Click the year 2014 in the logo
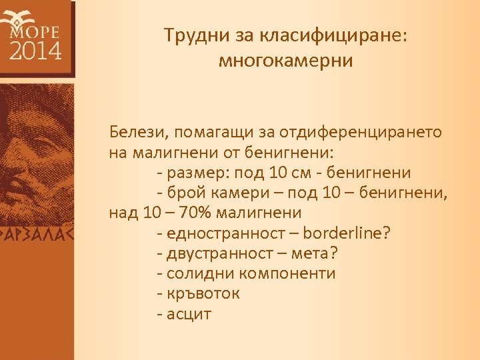[x=35, y=50]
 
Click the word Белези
[x=136, y=131]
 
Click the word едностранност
[x=227, y=234]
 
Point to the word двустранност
[x=227, y=254]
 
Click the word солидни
[x=196, y=274]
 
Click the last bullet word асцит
[x=189, y=314]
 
